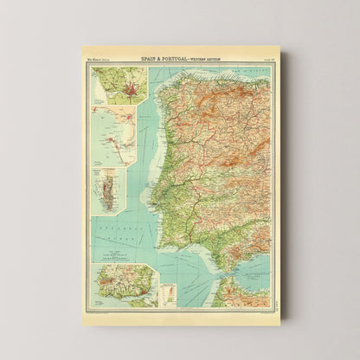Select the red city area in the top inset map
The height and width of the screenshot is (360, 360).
click(120, 87)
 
